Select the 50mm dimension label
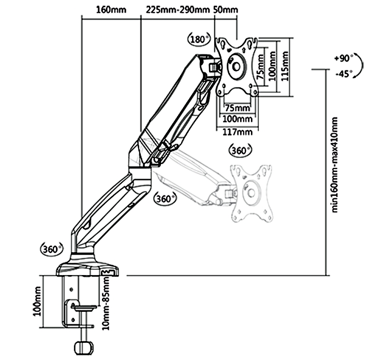click(226, 10)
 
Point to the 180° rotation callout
click(199, 39)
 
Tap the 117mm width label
click(237, 132)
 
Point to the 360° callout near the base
click(50, 249)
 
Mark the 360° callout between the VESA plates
click(240, 150)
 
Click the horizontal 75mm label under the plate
click(236, 108)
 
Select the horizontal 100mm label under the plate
click(237, 119)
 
